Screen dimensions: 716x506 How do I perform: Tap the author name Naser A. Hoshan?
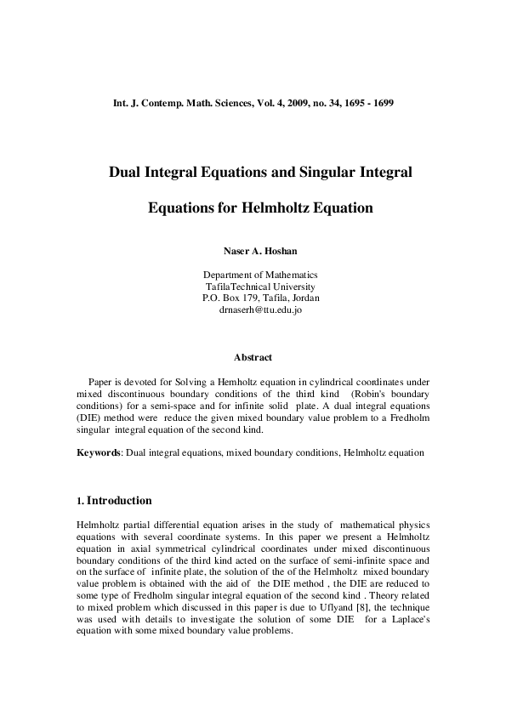point(253,252)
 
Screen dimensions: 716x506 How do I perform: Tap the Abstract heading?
point(253,358)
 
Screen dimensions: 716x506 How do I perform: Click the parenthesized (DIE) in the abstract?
point(89,418)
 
